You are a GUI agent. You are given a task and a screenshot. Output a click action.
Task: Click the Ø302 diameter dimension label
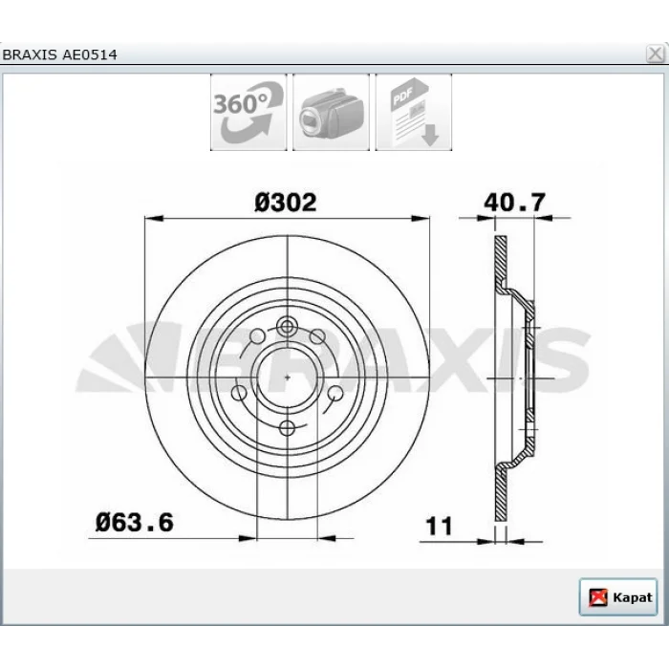click(286, 203)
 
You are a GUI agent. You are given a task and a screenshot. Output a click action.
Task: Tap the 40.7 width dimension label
click(514, 203)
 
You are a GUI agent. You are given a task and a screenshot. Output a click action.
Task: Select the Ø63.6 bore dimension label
click(135, 522)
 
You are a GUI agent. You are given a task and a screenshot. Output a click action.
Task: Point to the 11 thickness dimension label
click(439, 526)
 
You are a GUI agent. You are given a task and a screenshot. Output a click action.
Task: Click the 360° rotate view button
click(248, 112)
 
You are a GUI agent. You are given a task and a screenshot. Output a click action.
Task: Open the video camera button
click(331, 112)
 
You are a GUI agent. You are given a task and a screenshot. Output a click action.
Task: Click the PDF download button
click(414, 112)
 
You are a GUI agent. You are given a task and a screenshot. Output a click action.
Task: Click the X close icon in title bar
click(655, 54)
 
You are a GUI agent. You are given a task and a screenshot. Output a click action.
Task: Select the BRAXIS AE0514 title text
click(59, 54)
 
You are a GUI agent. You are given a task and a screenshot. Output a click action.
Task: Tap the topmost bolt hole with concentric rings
click(287, 327)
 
